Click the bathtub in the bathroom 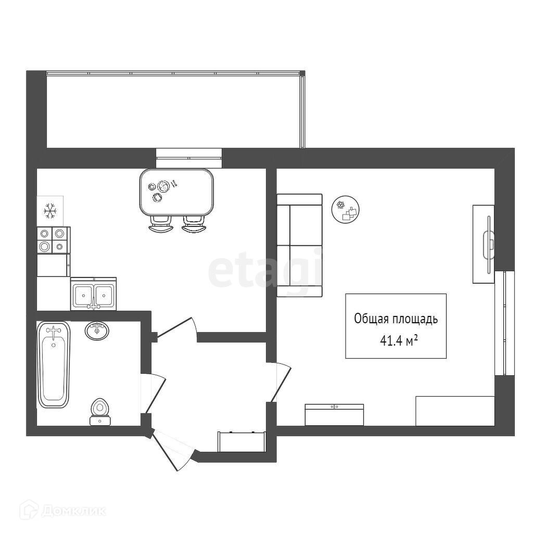(53, 364)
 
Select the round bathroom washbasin (97, 331)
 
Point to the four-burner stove (53, 240)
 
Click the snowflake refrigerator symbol (50, 211)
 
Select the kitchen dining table (177, 193)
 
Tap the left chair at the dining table (161, 224)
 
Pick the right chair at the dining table (193, 224)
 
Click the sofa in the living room (299, 245)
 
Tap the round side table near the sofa (346, 210)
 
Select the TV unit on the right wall (484, 244)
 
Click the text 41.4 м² (400, 341)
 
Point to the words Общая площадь (396, 319)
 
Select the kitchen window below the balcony (189, 158)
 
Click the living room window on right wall (504, 323)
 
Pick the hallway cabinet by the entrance (242, 441)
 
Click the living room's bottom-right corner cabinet (454, 411)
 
